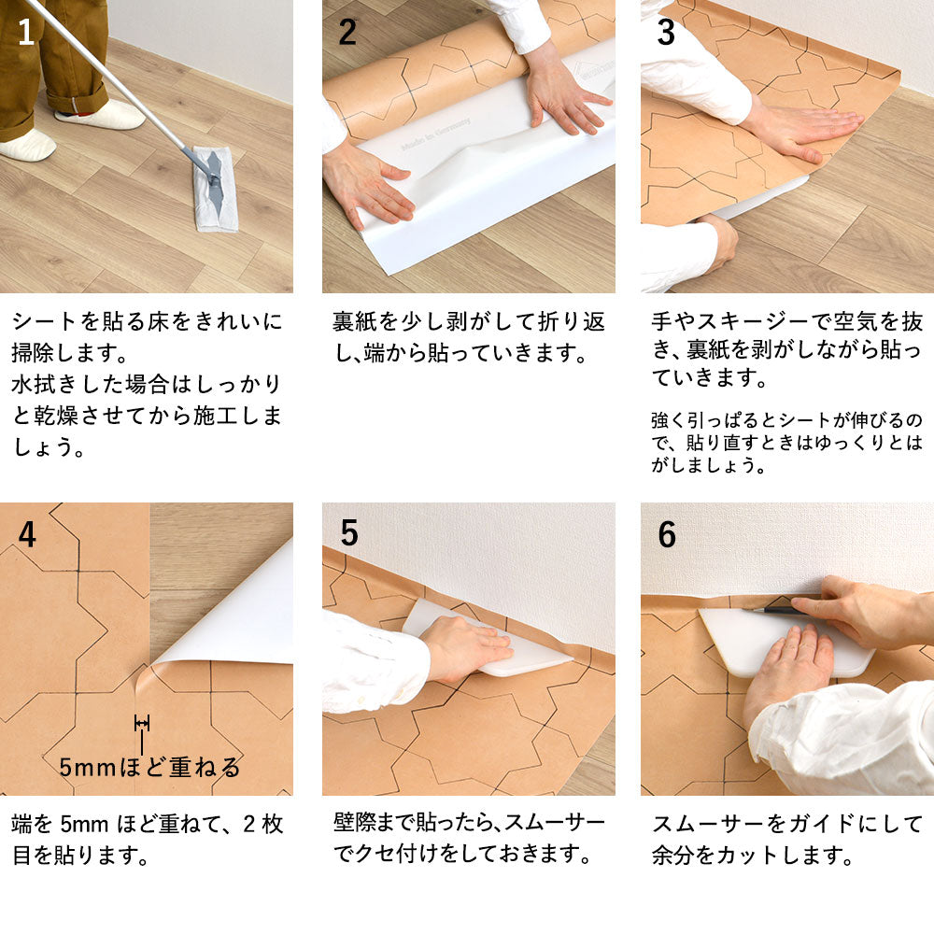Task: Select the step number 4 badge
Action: [27, 534]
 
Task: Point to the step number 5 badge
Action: [348, 533]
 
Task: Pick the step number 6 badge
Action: [667, 534]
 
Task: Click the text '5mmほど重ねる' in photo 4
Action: [149, 768]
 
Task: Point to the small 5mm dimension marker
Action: [142, 723]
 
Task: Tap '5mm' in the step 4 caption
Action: [86, 824]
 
